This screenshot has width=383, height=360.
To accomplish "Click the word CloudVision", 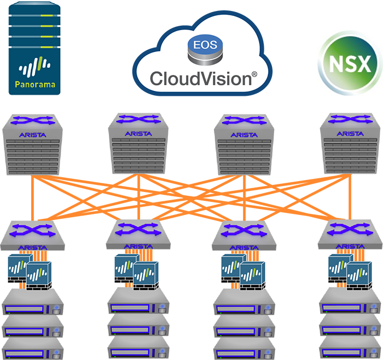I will point(200,78).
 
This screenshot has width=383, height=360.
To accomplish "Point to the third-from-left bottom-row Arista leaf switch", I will point(245,238).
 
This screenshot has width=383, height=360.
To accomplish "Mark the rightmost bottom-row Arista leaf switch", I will point(350,238).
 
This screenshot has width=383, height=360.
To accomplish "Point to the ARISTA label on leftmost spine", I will point(34,133).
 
